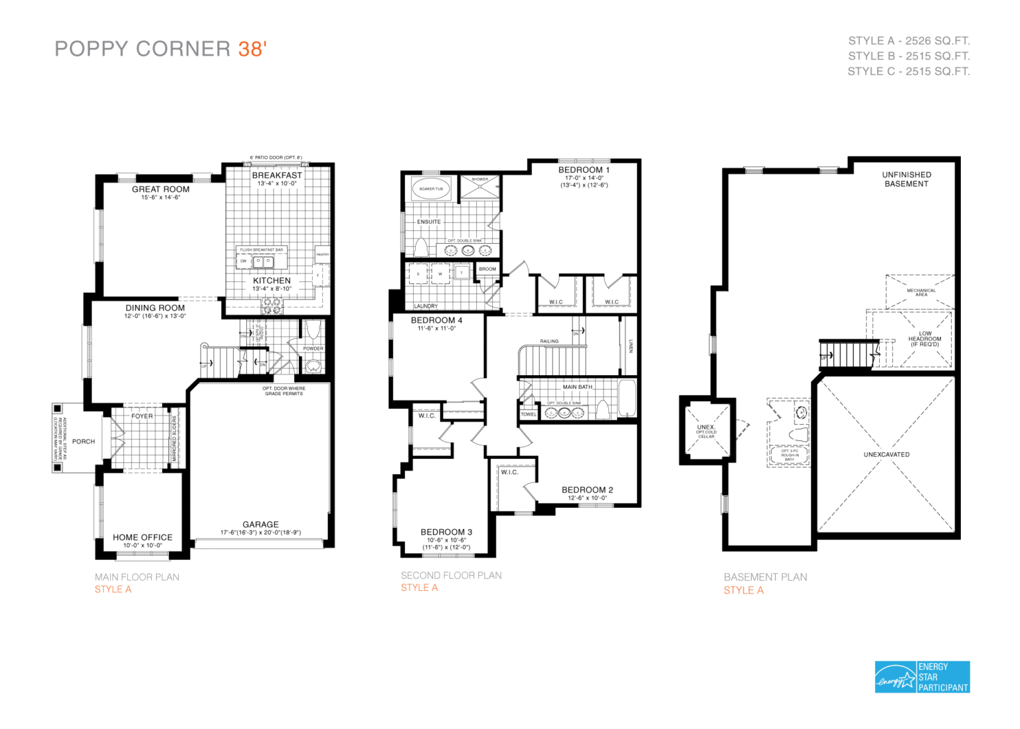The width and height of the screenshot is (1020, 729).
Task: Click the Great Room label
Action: pos(161,189)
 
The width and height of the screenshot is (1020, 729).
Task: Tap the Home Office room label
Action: pos(142,537)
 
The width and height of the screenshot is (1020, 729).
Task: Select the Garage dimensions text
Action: pos(260,532)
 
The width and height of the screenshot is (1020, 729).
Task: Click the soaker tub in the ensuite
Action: pos(431,189)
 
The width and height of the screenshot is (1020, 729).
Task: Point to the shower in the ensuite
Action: pos(480,188)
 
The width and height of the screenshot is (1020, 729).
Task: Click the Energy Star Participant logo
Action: pos(922,677)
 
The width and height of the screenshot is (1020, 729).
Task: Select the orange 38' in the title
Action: pos(252,49)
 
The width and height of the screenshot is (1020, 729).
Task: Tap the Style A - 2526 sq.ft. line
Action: pos(908,40)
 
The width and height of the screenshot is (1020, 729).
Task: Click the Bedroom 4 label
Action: pos(436,320)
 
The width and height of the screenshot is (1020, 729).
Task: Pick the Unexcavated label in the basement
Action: pos(887,455)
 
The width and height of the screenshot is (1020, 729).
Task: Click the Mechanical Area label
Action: pos(921,292)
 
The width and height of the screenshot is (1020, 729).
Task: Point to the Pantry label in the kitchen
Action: pos(322,254)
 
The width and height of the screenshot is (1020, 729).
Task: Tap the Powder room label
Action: pos(313,348)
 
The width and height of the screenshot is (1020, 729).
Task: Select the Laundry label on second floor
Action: pos(426,306)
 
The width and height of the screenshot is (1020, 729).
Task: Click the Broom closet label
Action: pos(487,269)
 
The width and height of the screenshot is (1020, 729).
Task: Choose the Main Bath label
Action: pos(577,386)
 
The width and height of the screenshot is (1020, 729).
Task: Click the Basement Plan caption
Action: pos(765,577)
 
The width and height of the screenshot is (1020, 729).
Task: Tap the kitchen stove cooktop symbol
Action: pos(272,306)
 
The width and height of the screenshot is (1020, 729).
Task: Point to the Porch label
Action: pos(84,442)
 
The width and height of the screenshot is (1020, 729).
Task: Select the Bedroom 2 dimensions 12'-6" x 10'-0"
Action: pos(587,498)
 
